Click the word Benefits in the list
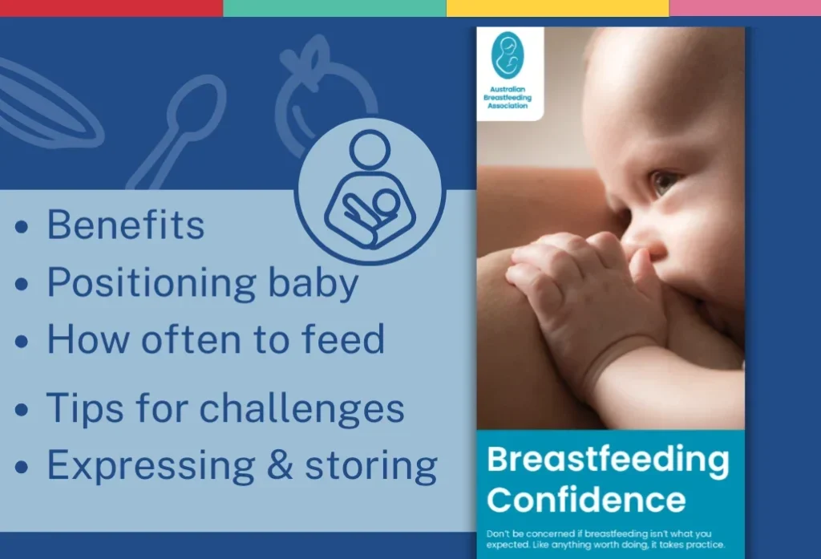(x=126, y=225)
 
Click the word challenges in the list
(x=301, y=408)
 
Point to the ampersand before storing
(x=280, y=464)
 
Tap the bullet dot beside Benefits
(x=22, y=228)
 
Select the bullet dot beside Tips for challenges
(x=22, y=409)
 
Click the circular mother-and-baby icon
(x=370, y=191)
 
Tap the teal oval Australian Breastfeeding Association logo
(x=507, y=55)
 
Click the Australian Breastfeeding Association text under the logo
(x=508, y=98)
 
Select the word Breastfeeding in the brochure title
(x=608, y=460)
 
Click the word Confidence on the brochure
(x=586, y=500)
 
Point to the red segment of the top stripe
(x=111, y=8)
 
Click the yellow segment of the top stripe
(x=558, y=8)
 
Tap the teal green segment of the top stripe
(x=334, y=8)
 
